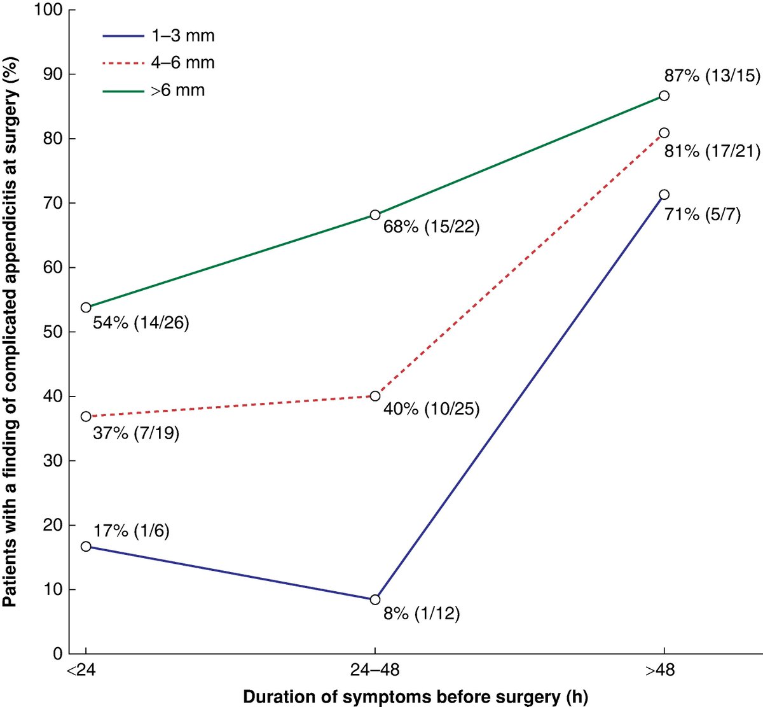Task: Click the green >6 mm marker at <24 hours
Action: (86, 307)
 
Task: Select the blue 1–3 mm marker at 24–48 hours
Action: (375, 599)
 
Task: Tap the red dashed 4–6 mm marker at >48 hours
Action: (664, 133)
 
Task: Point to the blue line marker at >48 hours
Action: (664, 195)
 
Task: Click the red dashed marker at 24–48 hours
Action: (375, 396)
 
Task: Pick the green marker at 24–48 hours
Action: (375, 215)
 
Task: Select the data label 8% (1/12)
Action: (421, 615)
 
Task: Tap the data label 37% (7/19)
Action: (136, 434)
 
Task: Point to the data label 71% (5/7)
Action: (703, 214)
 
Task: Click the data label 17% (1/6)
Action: (131, 531)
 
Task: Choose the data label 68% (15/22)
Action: (431, 227)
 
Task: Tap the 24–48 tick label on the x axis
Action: (375, 671)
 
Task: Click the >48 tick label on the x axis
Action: (664, 671)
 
